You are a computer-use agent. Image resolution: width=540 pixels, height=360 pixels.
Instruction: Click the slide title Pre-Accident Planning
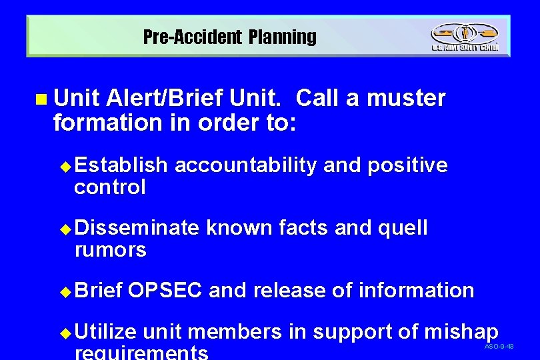[x=230, y=37]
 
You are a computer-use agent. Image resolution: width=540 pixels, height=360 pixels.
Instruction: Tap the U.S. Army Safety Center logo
[x=464, y=37]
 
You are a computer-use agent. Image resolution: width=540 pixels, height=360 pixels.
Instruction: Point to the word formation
[x=98, y=123]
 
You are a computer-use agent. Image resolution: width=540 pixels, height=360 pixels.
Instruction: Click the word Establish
[x=121, y=165]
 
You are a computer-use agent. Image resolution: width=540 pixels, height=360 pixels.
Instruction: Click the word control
[x=110, y=187]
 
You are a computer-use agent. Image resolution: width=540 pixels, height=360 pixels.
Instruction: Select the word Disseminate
[x=137, y=228]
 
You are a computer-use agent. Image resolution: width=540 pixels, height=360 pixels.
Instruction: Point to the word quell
[x=403, y=229]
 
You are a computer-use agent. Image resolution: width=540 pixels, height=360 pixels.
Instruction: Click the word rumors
[x=111, y=251]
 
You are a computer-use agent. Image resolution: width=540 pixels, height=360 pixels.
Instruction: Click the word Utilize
[x=106, y=331]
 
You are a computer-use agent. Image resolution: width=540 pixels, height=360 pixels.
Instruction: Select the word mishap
[x=461, y=332]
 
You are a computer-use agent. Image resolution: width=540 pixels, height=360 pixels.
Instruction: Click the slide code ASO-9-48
[x=499, y=347]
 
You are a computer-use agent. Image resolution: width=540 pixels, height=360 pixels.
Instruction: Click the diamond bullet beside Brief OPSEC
[x=65, y=292]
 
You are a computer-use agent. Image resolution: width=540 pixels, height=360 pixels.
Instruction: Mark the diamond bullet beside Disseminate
[x=65, y=229]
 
